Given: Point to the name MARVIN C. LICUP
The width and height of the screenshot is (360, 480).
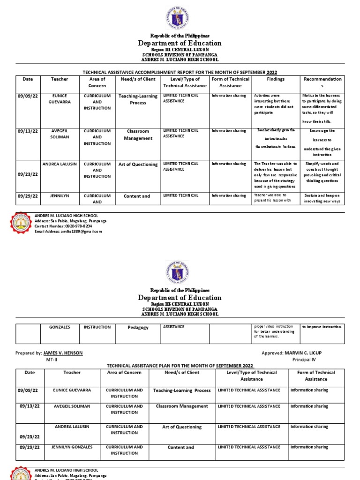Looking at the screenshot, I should [303, 352].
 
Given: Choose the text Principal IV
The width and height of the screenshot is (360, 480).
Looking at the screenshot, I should [305, 360].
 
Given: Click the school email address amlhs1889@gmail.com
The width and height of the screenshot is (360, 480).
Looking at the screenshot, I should [68, 231].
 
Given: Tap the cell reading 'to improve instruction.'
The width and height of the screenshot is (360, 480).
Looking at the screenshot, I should [322, 327].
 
